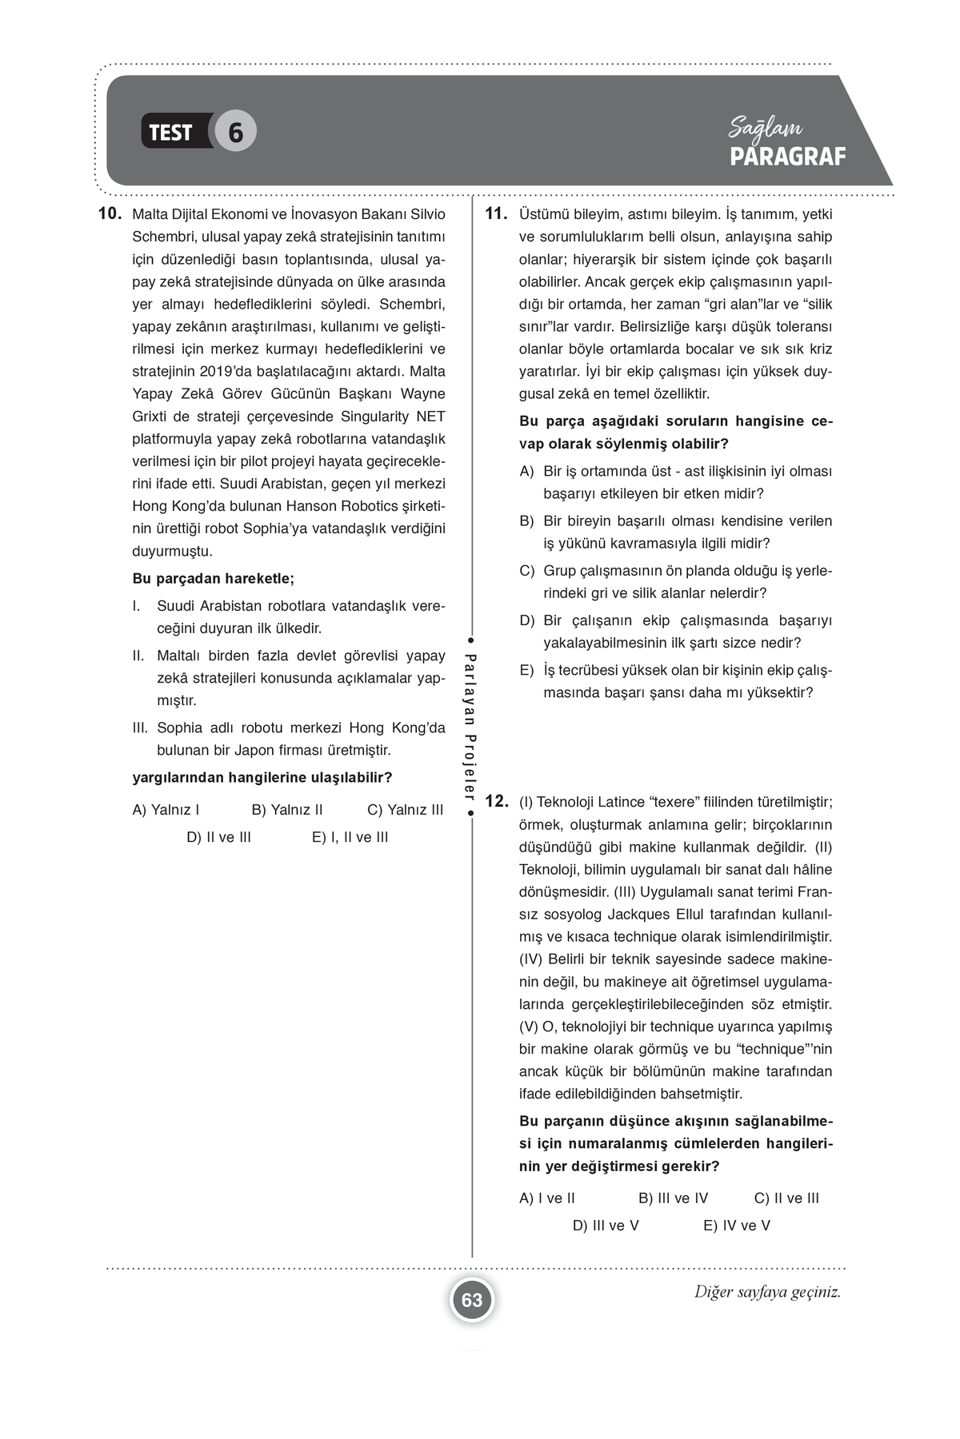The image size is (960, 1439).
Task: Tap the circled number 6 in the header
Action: point(235,132)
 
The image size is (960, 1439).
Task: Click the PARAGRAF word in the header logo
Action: point(787,157)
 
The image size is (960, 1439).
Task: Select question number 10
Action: point(109,214)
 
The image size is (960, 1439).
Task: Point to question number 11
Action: point(497,214)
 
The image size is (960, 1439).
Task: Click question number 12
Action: point(497,801)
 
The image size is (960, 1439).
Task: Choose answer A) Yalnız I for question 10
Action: point(166,810)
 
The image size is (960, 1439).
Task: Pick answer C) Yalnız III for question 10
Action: point(405,810)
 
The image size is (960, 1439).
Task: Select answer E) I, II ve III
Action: point(350,837)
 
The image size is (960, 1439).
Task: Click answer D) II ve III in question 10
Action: point(218,837)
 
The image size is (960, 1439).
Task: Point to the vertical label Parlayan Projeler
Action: point(471,727)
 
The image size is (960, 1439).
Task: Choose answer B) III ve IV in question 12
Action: point(673,1198)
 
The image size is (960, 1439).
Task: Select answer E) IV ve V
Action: point(736,1226)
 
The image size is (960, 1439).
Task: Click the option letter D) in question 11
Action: point(526,620)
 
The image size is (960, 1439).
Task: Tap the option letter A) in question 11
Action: point(526,472)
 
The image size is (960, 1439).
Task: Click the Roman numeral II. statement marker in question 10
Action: point(138,656)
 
